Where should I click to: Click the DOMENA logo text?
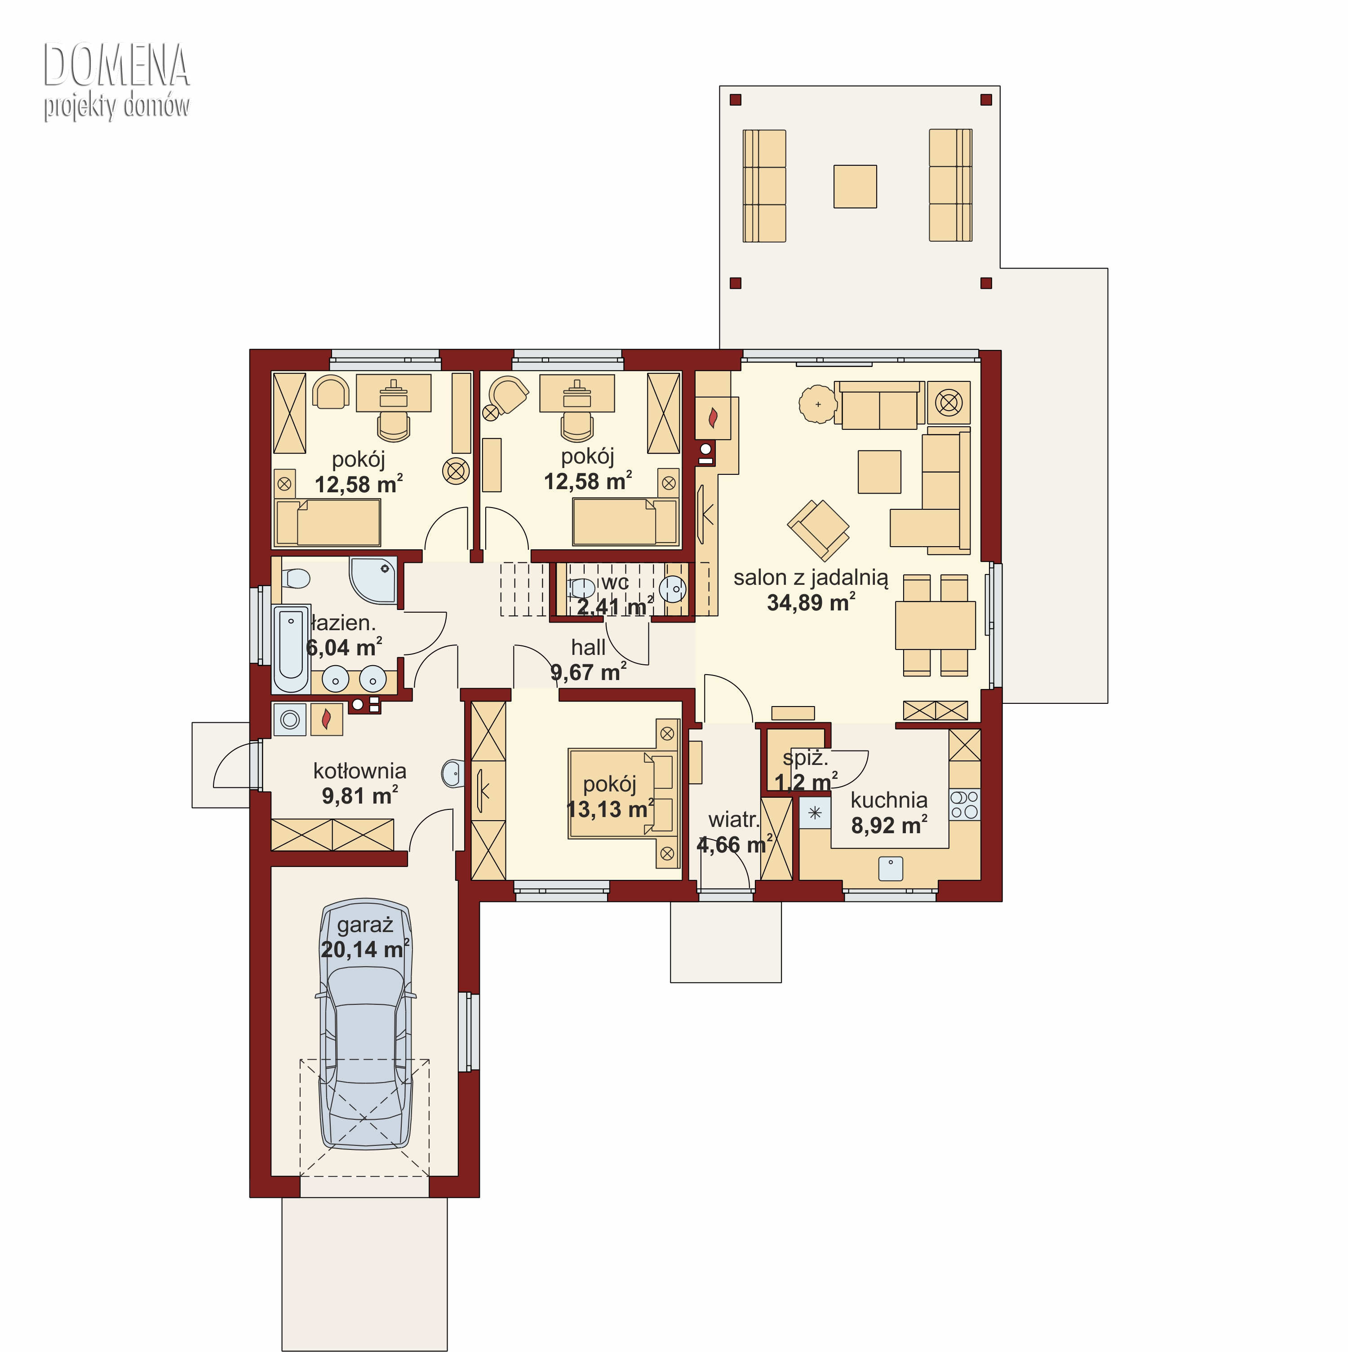116,65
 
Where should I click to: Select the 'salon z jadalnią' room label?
811,578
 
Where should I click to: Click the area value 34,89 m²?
811,602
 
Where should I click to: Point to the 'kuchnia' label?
889,800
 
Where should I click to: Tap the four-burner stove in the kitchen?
964,805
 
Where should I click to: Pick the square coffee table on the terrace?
855,186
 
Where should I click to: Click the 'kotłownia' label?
360,771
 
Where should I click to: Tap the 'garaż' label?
365,925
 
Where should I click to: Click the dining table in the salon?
935,625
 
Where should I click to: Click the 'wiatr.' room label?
733,819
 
